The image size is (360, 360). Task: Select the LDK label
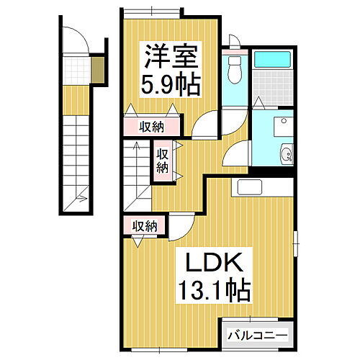(210, 261)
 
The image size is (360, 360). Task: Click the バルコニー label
(257, 335)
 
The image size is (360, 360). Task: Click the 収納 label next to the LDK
(144, 226)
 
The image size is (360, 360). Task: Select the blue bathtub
(274, 65)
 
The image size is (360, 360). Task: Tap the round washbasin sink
(286, 152)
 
